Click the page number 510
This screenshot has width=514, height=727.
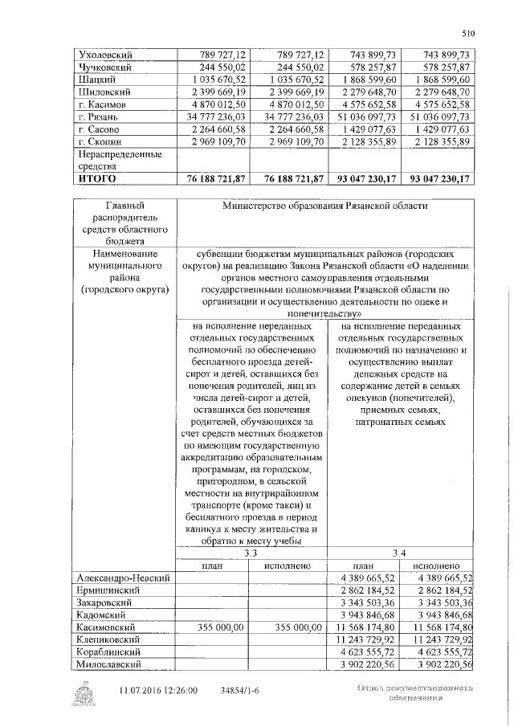[469, 33]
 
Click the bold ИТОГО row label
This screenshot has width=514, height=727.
[97, 178]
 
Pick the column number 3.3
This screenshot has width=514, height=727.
[251, 553]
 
